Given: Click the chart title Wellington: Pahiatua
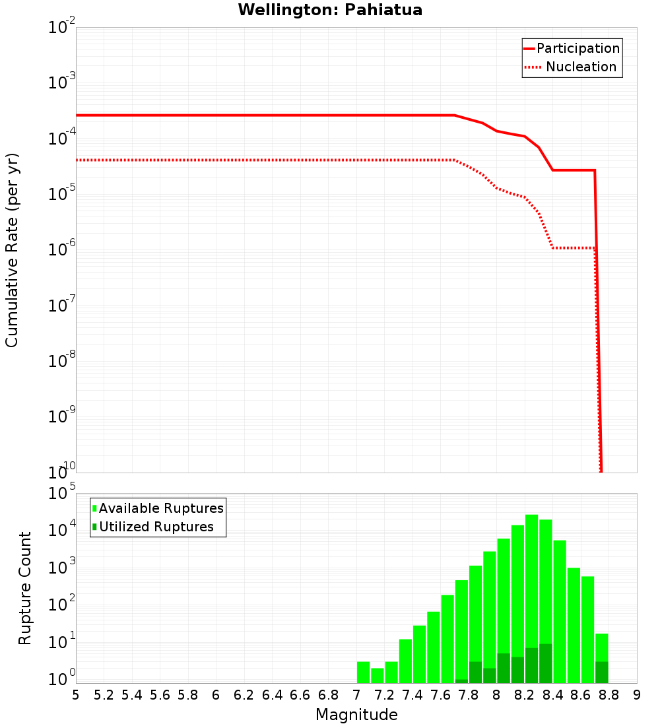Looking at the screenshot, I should click(x=330, y=10).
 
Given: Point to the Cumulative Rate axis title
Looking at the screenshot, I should click(x=12, y=249).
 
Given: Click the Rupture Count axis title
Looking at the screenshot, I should click(x=25, y=588).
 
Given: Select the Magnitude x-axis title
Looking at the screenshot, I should click(x=356, y=715).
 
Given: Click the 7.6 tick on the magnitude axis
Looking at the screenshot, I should click(x=440, y=695).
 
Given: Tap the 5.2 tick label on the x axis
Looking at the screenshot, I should click(x=104, y=695).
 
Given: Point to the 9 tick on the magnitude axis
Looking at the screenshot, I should click(x=637, y=695).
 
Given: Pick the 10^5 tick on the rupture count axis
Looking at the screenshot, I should click(x=61, y=493).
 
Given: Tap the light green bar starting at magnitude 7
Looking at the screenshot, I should click(x=363, y=672).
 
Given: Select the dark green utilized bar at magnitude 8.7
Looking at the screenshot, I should click(x=601, y=672).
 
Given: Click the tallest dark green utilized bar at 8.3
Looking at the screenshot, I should click(x=546, y=663).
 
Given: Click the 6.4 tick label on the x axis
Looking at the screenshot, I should click(x=272, y=695).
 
